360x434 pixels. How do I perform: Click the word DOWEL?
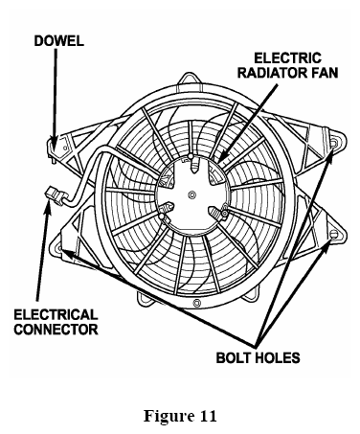click(x=58, y=41)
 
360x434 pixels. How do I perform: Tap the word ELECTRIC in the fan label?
click(x=287, y=58)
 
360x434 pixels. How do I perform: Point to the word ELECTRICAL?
click(x=56, y=314)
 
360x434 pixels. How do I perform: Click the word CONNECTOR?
click(x=56, y=330)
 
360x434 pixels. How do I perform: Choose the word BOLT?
click(x=233, y=357)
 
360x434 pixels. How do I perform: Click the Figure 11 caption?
click(x=180, y=416)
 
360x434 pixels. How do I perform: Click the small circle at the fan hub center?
click(x=192, y=194)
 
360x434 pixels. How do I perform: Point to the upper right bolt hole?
click(x=334, y=144)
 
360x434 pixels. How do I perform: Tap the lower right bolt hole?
click(x=334, y=234)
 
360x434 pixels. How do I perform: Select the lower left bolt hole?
click(x=59, y=246)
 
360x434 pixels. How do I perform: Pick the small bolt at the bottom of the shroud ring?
click(x=196, y=302)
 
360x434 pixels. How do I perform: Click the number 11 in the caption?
click(x=209, y=416)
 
